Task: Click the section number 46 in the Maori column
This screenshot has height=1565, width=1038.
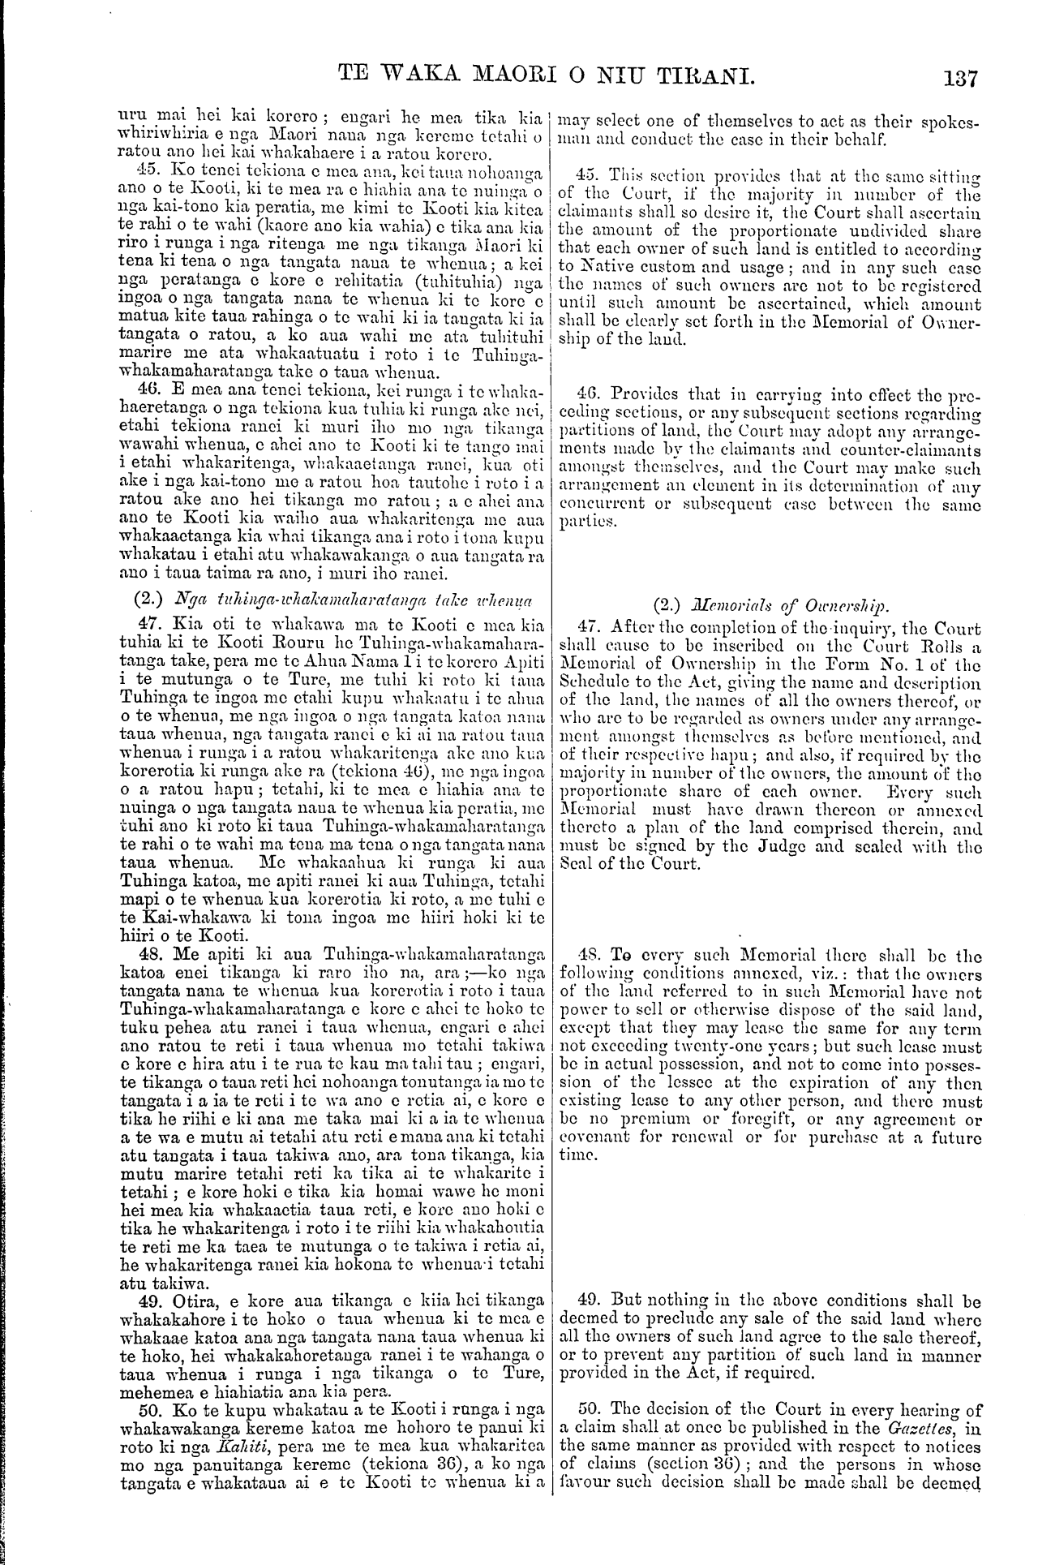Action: click(x=144, y=386)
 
